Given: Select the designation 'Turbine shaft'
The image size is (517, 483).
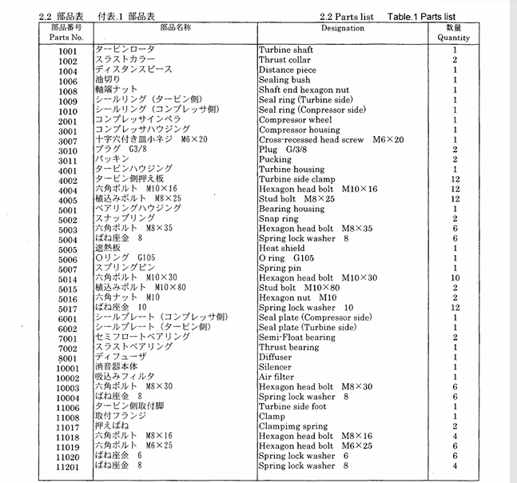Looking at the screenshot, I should coord(285,50).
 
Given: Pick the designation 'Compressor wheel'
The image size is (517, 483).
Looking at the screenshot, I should coord(295,120).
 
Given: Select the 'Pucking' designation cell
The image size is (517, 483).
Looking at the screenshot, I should coord(275,160).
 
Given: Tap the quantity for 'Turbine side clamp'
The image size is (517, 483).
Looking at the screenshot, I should coord(454,180).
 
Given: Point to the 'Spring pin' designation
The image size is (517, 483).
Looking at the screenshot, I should coord(281,269).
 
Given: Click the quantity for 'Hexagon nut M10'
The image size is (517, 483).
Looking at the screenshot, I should coord(454,297).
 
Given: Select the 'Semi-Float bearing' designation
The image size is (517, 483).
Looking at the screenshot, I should coord(297,337).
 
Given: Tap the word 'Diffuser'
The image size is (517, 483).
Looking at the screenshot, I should coord(276,357).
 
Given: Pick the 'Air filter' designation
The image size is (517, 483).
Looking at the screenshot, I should coord(276,377).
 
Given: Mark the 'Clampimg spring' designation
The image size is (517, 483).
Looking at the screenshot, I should coord(292,426).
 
